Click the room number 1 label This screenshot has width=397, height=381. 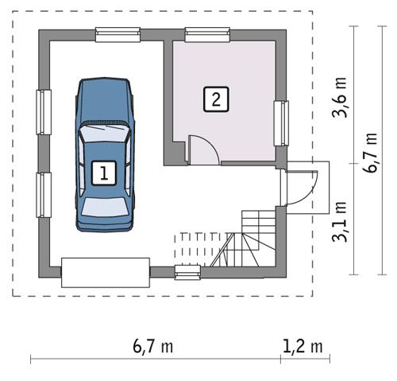(103, 171)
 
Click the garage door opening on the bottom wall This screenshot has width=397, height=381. (106, 272)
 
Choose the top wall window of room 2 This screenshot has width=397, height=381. (207, 34)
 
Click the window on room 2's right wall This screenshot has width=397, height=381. (280, 123)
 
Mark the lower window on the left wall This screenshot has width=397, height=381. (44, 194)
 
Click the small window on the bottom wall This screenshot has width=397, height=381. (187, 274)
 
